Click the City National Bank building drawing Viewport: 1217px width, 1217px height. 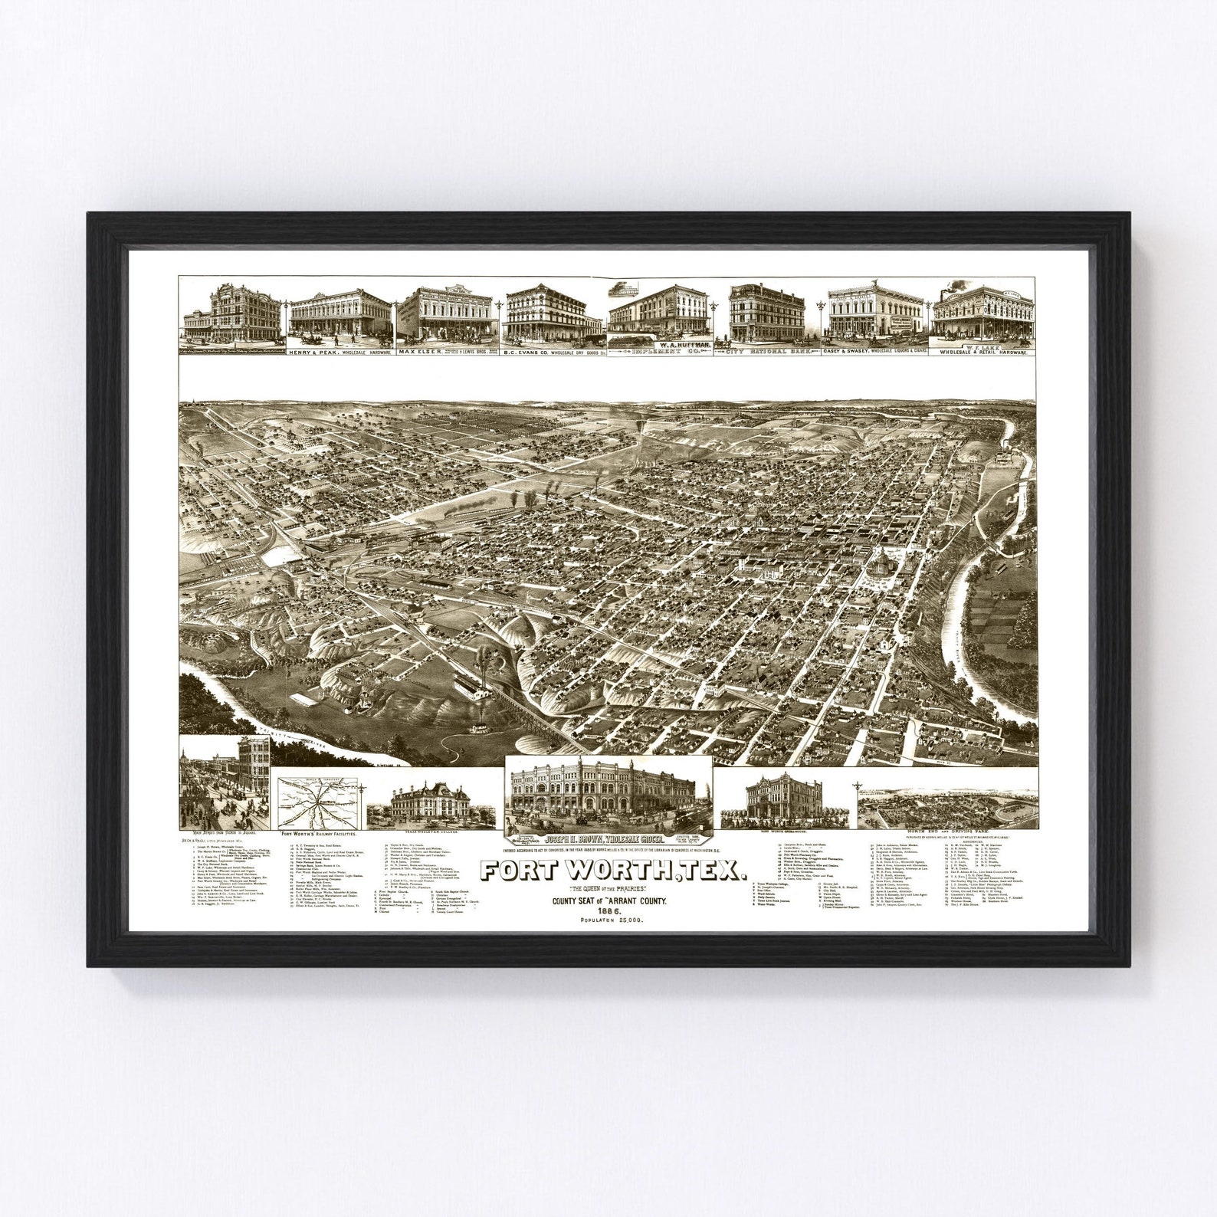coord(769,310)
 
